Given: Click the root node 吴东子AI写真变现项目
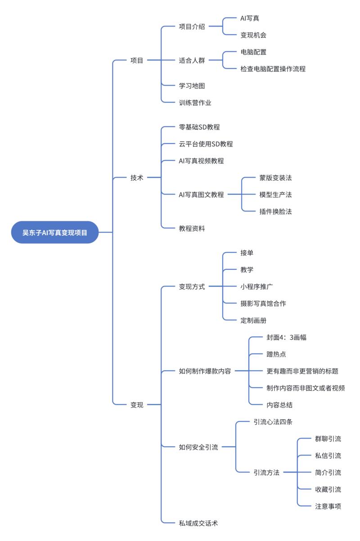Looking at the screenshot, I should point(55,232).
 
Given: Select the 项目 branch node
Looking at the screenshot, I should point(137,60).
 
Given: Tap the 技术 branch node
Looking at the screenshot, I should point(137,178).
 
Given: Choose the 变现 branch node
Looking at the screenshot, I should point(137,405).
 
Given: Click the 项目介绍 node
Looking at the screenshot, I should point(192,27).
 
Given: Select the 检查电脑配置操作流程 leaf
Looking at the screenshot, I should point(273,69).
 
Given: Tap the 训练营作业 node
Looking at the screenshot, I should point(195,103).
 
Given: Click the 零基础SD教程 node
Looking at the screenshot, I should point(199,127).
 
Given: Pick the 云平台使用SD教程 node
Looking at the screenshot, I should point(206,144).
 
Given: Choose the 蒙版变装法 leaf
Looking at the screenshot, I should point(275,178).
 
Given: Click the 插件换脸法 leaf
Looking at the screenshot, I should point(275,211).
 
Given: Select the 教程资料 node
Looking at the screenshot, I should point(192,228).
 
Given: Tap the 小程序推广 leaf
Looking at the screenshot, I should point(256,286).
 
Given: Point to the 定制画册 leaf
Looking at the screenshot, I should point(253,320).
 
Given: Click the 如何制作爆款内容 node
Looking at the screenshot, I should point(205,371).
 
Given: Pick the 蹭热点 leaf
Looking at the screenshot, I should point(276,354).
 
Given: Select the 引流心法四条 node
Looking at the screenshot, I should point(273,422).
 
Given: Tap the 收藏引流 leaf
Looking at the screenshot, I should point(328,489).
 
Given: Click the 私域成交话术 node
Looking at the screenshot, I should point(198,523).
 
